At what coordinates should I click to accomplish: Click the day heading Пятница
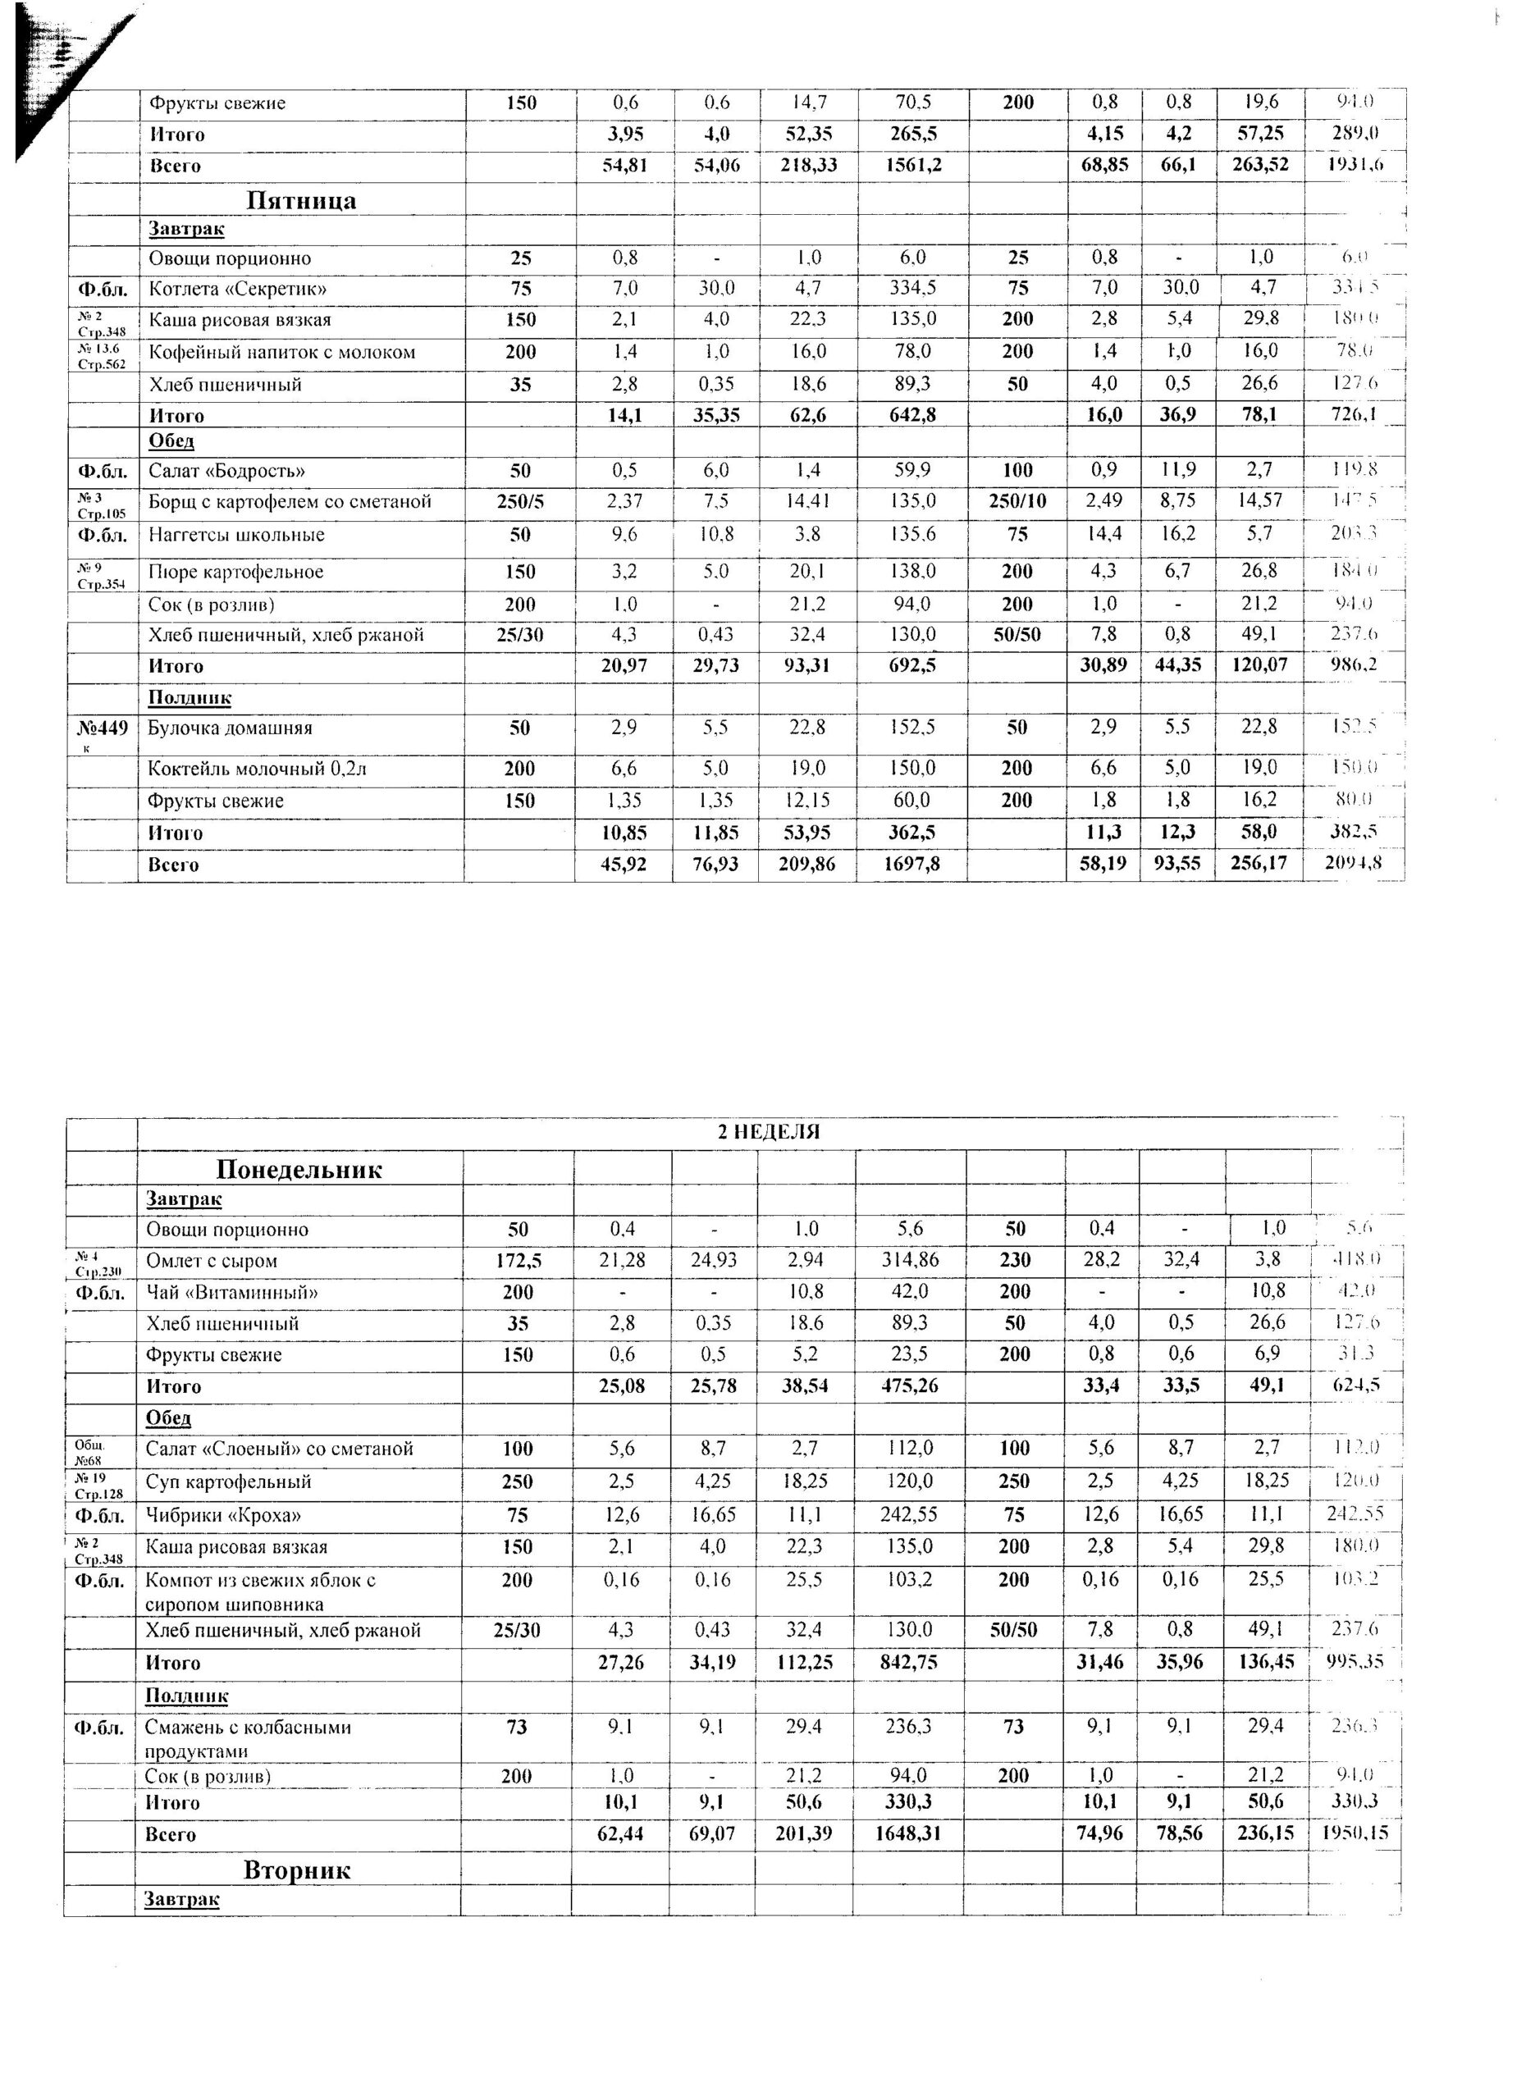pos(301,200)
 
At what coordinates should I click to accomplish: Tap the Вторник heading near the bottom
pos(296,1869)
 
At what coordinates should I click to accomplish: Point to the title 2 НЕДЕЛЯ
pos(769,1130)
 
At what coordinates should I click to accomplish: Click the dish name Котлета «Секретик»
pos(238,289)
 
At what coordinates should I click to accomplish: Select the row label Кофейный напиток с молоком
pos(281,352)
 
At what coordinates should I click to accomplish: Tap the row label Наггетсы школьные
pos(236,534)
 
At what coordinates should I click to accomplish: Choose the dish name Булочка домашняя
pos(230,728)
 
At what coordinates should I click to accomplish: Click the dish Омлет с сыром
pos(211,1260)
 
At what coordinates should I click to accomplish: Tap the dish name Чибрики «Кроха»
pos(223,1515)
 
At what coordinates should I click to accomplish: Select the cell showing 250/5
pos(519,502)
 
